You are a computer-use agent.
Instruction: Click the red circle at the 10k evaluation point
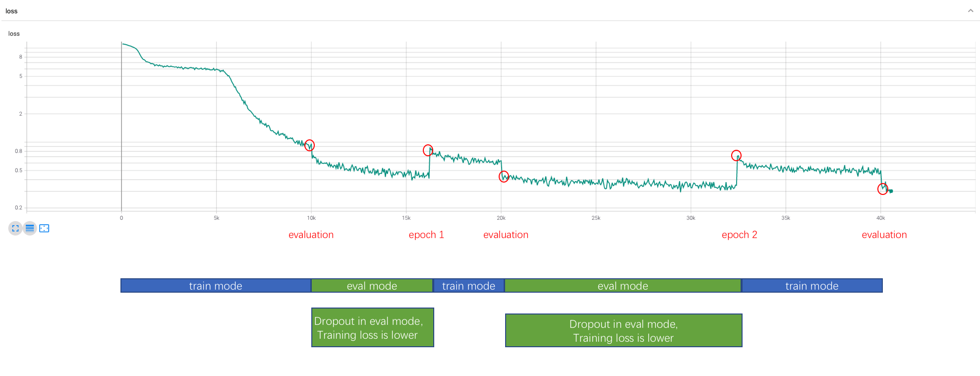[309, 145]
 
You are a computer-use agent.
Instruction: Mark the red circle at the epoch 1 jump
[428, 150]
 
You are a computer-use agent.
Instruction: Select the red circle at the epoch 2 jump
[736, 156]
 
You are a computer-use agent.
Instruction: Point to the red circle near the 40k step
[882, 189]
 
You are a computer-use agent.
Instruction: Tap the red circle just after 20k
[504, 177]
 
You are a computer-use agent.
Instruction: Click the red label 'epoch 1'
[426, 235]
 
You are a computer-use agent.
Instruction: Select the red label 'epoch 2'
[739, 235]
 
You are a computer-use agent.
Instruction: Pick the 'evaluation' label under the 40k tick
[884, 235]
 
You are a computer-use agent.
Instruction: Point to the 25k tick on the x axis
[596, 218]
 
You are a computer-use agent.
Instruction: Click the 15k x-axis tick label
[406, 218]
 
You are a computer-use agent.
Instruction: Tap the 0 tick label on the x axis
[121, 218]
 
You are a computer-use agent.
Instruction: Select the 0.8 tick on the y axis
[18, 151]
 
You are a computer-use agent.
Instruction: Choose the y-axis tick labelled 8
[20, 57]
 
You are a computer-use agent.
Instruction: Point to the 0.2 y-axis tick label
[18, 208]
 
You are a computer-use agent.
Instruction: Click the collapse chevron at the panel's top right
[970, 11]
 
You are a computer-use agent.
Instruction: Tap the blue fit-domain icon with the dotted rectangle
[44, 228]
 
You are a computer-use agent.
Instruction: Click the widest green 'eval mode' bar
[623, 286]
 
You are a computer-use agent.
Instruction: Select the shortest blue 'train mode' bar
[468, 286]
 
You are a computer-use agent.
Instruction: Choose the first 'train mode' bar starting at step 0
[216, 286]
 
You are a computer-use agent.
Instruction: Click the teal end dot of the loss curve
[891, 191]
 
